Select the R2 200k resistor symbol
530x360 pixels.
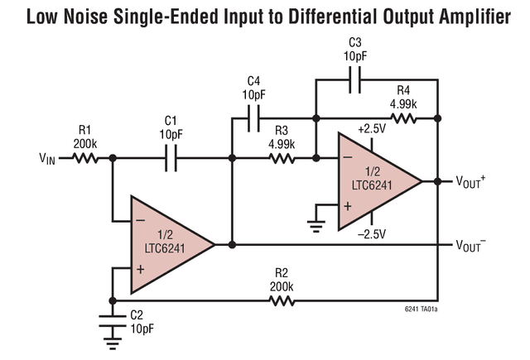click(282, 300)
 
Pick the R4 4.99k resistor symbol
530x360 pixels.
click(404, 118)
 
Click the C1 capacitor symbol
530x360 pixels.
click(171, 157)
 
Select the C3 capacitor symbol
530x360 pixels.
click(355, 81)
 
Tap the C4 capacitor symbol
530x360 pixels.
click(253, 118)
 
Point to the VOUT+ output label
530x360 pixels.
click(470, 181)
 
